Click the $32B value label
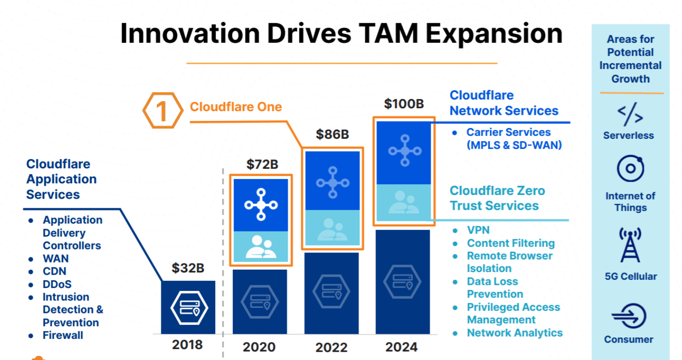click(x=188, y=268)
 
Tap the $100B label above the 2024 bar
click(x=404, y=104)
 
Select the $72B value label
click(x=262, y=164)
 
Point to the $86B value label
click(x=332, y=134)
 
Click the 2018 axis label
click(x=187, y=344)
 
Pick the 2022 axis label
click(x=331, y=347)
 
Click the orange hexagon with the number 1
click(x=162, y=111)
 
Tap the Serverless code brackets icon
click(x=629, y=116)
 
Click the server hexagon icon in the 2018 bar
click(x=188, y=307)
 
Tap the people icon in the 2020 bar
click(x=261, y=247)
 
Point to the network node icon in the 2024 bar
click(x=405, y=151)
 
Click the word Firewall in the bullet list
click(x=63, y=335)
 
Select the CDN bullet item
click(x=54, y=271)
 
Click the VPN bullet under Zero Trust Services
click(x=478, y=230)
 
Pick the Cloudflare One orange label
click(x=235, y=107)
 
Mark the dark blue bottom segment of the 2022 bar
click(x=332, y=293)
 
